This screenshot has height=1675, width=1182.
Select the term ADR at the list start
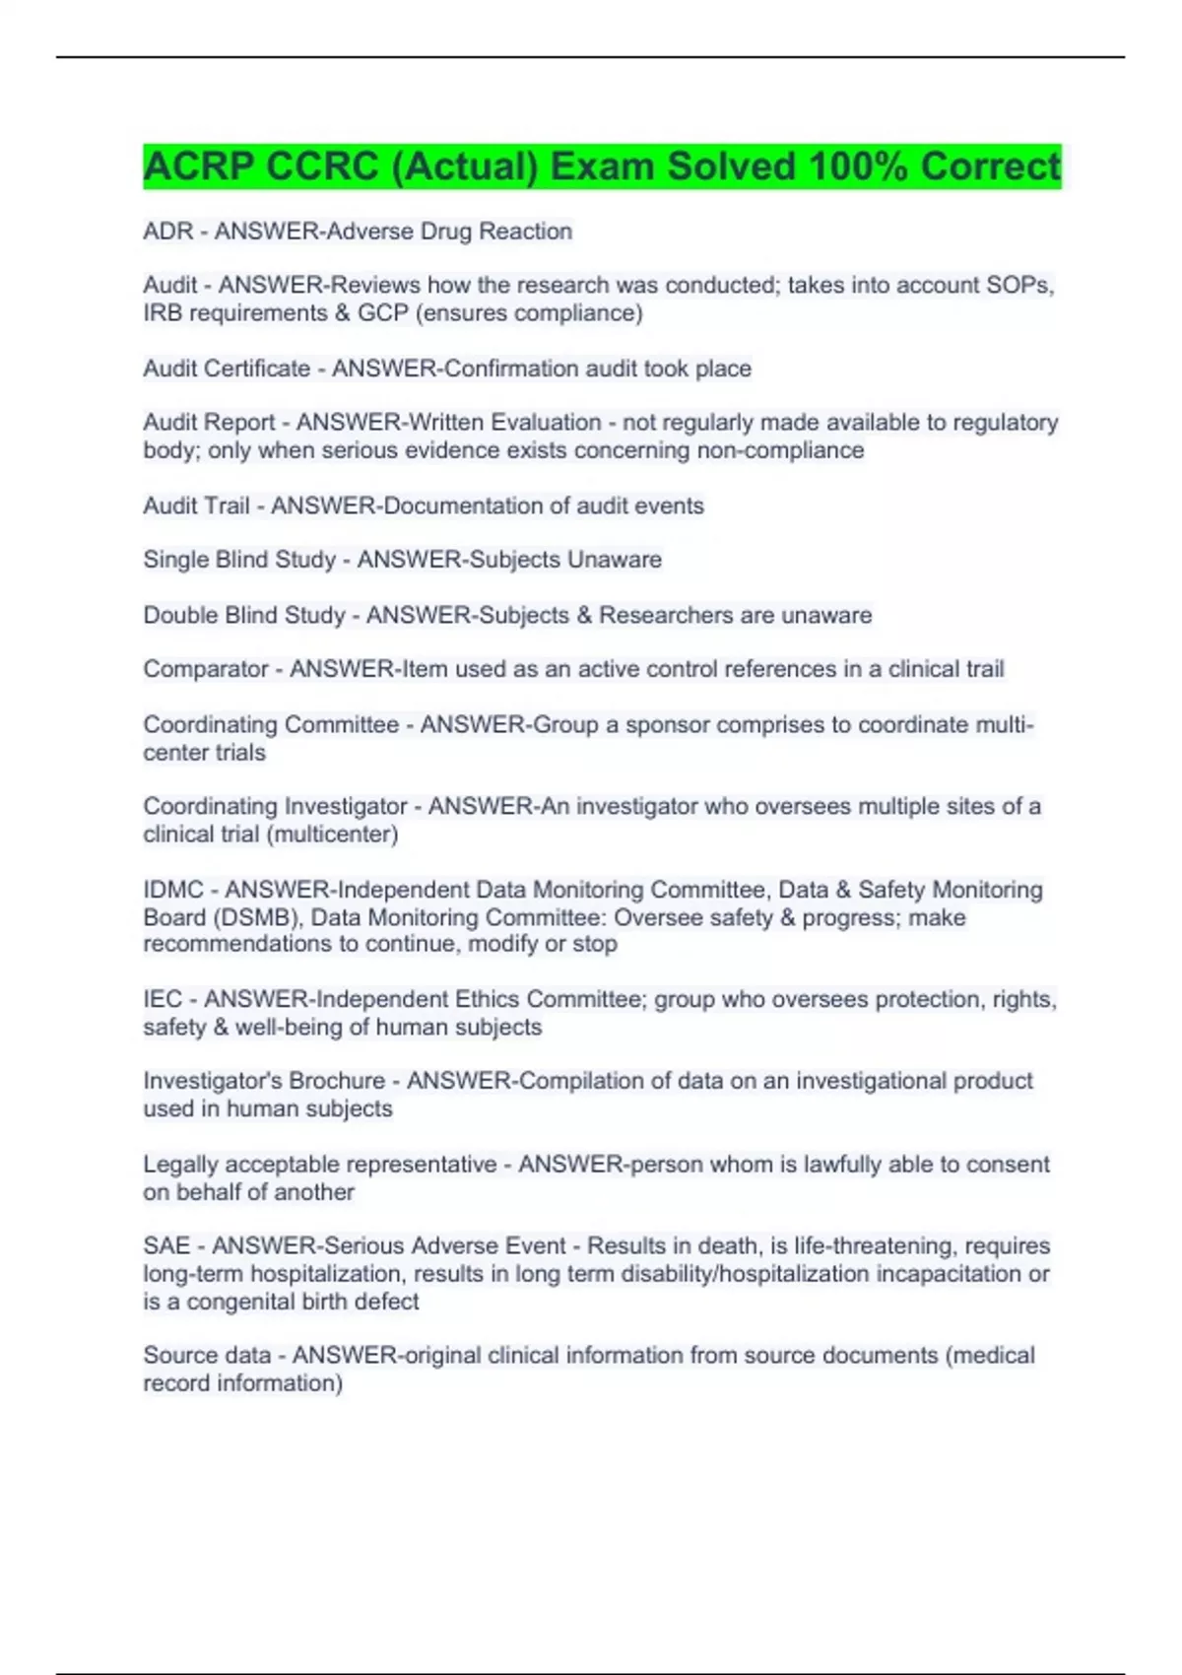pos(168,232)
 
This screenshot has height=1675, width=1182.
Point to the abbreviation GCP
pos(382,313)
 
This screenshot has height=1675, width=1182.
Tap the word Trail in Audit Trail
pos(228,505)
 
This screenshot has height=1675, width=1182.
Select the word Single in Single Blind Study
pos(175,560)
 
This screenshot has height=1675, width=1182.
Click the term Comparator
pos(206,669)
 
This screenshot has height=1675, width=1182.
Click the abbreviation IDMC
pos(173,890)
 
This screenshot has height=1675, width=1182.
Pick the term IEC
pos(163,999)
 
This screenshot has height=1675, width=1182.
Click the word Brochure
pos(337,1081)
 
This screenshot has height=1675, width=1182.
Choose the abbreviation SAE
pos(166,1246)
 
